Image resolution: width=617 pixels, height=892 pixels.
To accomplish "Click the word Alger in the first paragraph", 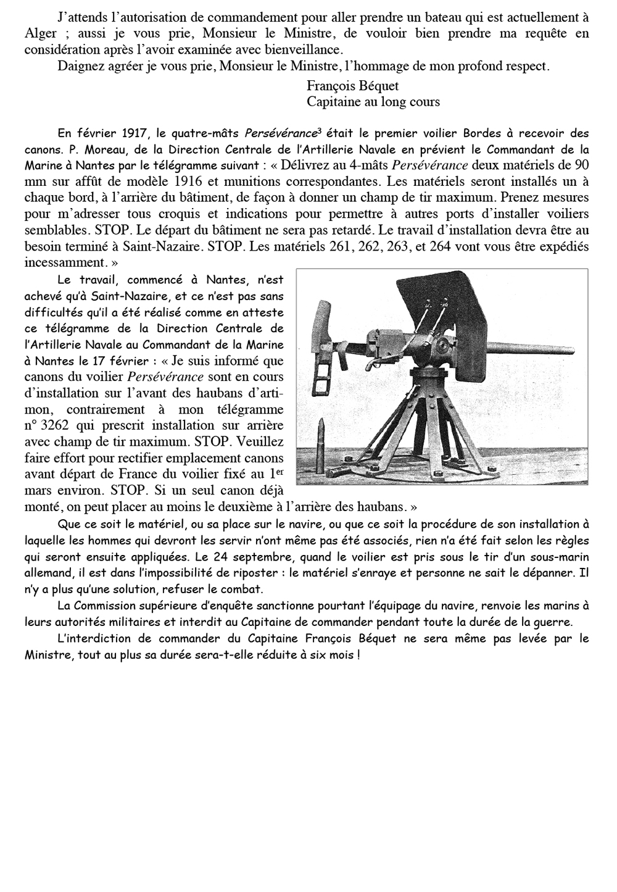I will point(41,34).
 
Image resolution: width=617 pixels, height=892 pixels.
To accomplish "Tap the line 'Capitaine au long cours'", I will point(373,102).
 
